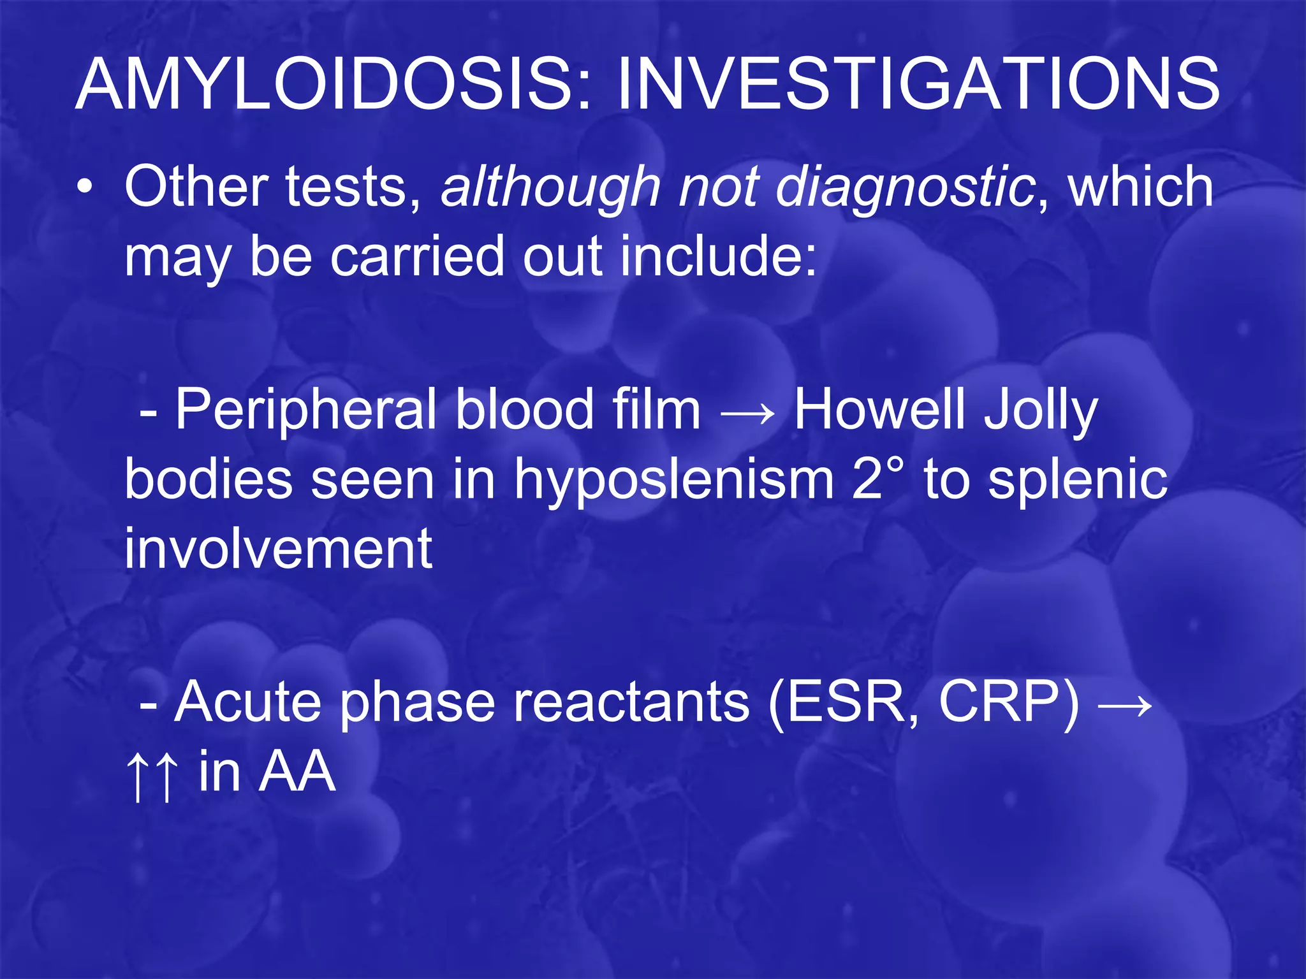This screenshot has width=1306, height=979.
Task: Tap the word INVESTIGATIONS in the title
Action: [x=918, y=85]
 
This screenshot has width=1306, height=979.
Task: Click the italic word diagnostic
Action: [x=906, y=188]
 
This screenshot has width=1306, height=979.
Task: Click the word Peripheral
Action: [x=305, y=410]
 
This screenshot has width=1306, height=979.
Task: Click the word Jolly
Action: [x=1040, y=410]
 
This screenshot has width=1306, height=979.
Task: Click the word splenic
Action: [x=1078, y=481]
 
